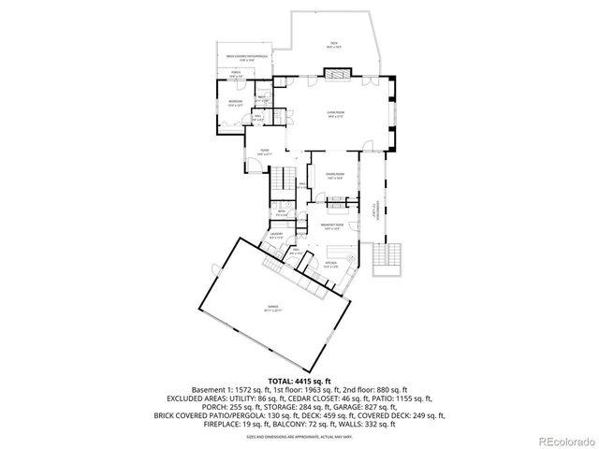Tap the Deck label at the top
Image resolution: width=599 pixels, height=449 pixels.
(x=332, y=43)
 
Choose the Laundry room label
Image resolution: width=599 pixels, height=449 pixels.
(x=277, y=235)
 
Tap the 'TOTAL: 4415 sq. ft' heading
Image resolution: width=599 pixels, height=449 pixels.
(x=299, y=382)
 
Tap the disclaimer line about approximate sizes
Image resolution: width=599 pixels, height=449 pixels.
(x=299, y=436)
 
